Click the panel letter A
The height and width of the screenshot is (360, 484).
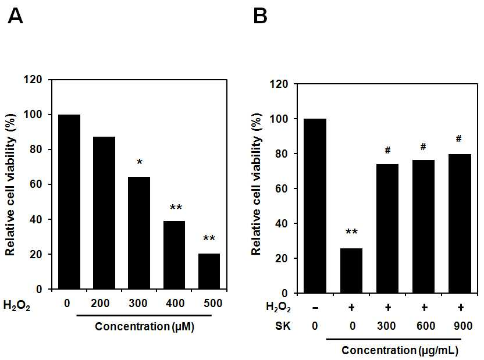coord(15,16)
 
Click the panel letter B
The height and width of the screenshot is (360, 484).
coord(260,16)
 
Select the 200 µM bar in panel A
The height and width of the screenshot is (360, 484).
coord(104,213)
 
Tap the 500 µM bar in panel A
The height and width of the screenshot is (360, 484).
coord(209,272)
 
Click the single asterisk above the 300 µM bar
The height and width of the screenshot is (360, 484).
coord(140,162)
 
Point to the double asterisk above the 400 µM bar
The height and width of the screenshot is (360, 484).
coord(176,207)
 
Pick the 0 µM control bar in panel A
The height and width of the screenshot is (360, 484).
coord(69,202)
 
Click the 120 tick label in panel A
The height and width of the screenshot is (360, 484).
coord(33,80)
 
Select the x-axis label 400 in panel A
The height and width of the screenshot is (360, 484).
coord(175,304)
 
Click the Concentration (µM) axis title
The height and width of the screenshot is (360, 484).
coord(144,326)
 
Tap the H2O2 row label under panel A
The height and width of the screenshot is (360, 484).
coord(17,305)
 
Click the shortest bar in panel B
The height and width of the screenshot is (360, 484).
coord(351,270)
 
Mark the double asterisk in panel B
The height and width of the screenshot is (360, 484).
coord(351,232)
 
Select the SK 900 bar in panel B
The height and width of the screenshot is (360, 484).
coord(460,223)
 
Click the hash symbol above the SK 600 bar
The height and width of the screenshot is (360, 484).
coord(423,147)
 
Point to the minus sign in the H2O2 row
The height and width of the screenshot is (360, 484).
coord(315,308)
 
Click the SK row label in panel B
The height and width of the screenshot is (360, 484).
coord(283,326)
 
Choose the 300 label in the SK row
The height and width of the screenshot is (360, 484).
coord(386,326)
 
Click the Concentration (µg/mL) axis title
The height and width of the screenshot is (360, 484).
coord(400,351)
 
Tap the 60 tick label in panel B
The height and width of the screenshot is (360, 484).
coord(281,188)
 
